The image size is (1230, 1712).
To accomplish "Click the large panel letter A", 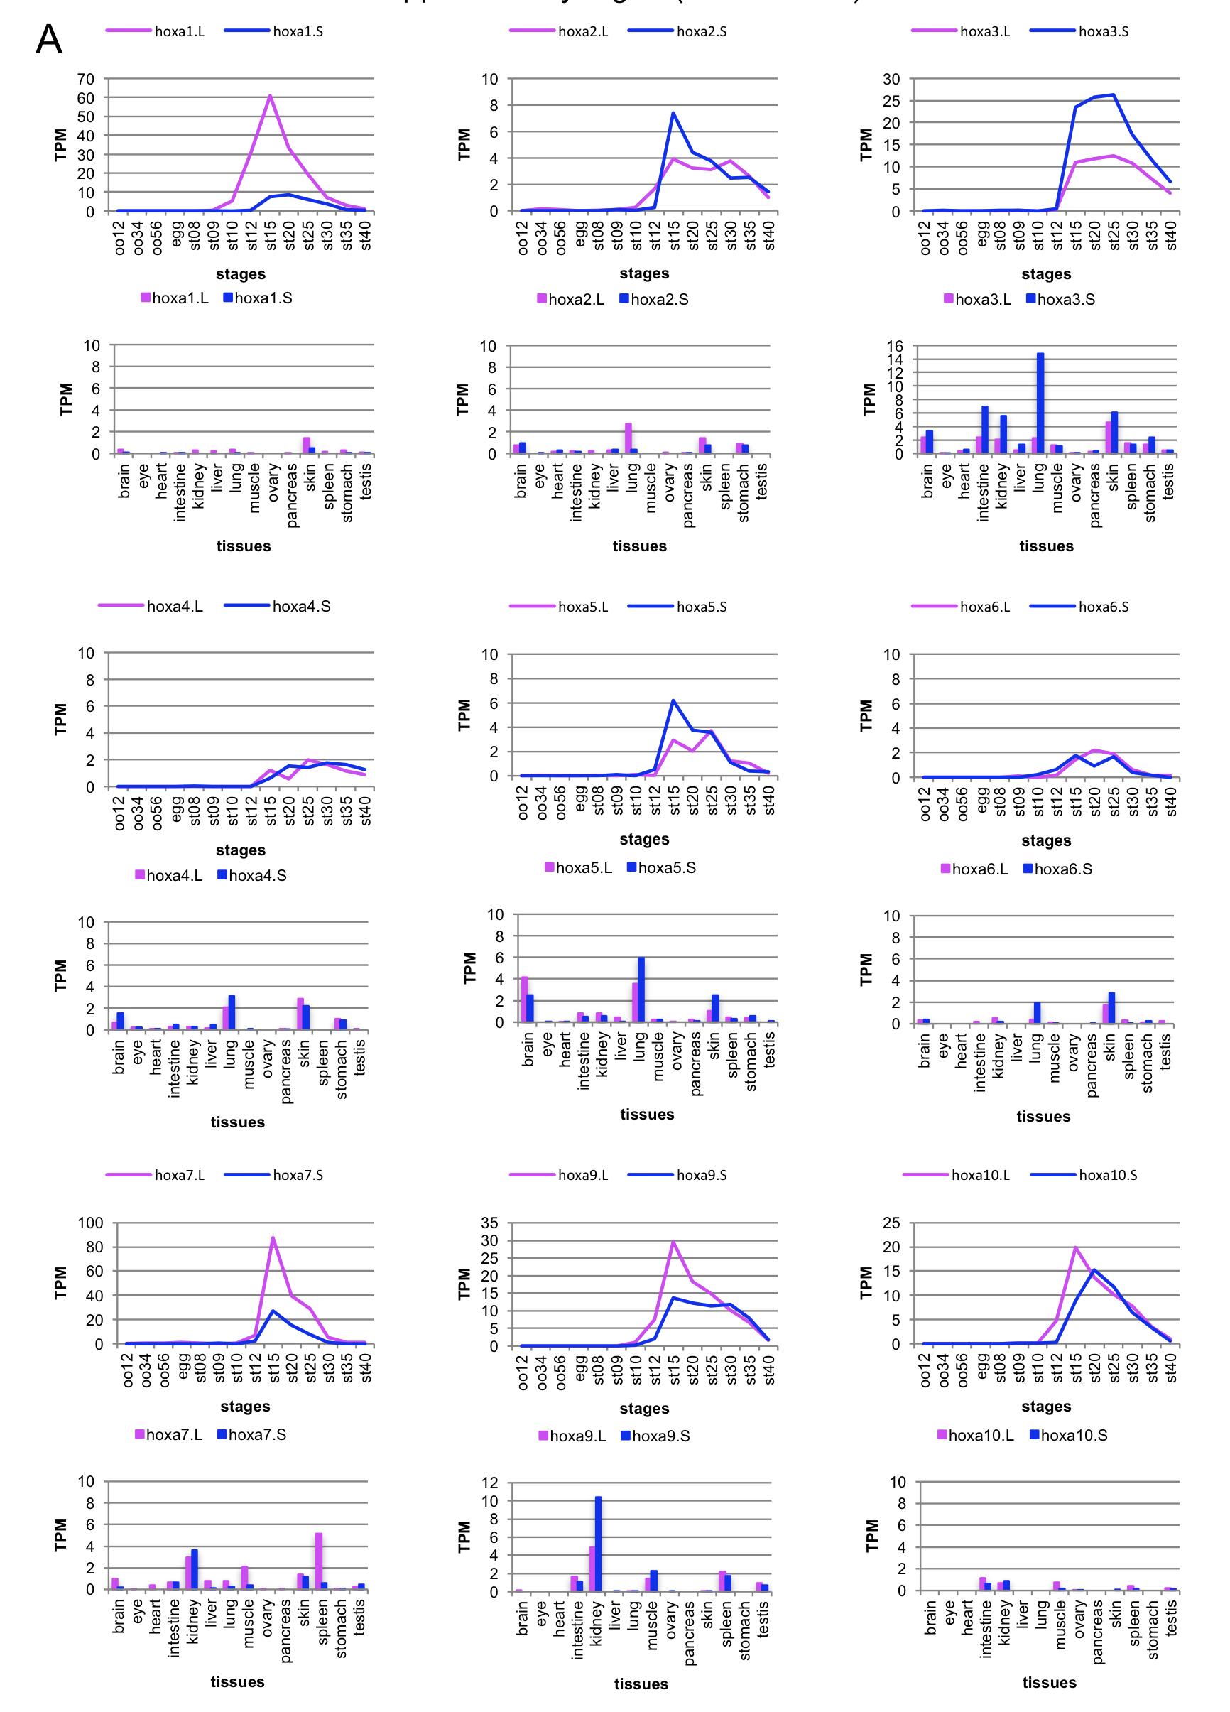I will point(48,39).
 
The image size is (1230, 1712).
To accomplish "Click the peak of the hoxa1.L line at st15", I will point(269,96).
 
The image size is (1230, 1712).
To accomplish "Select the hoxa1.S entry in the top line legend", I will point(298,31).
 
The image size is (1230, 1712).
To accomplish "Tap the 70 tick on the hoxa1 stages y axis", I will point(86,79).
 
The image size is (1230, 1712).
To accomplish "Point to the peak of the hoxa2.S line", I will point(673,113).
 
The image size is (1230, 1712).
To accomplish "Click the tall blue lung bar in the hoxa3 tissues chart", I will point(1040,403).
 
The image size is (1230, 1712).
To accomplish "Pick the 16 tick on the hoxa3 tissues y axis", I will point(894,347).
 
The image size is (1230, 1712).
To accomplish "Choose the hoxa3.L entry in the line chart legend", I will point(985,31).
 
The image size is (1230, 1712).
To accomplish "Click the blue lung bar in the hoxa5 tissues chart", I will point(641,990).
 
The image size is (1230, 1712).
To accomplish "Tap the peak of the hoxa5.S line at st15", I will point(673,700).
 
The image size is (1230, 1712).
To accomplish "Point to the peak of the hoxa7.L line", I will point(273,1238).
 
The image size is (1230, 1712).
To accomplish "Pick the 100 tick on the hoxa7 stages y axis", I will point(89,1222).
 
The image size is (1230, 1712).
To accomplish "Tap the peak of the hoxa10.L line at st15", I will point(1075,1247).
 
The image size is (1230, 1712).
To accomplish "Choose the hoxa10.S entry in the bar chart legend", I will point(1074,1436).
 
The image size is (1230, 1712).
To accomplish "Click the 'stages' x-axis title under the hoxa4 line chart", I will point(241,850).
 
